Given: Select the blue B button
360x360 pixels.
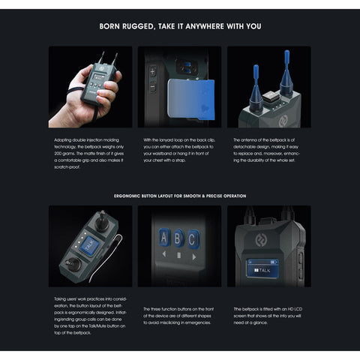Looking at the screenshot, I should click(179, 240).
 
